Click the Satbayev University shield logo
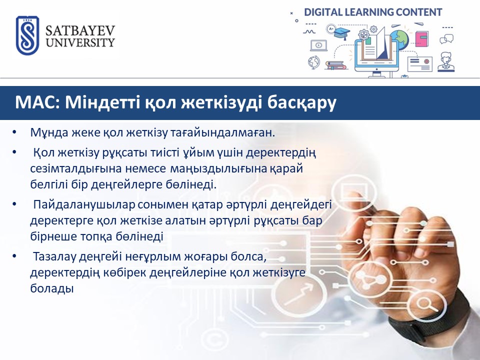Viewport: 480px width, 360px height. [27, 35]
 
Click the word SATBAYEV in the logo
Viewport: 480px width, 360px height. [80, 31]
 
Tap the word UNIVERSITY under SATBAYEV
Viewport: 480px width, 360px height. [80, 42]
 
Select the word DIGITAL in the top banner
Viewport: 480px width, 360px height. [323, 12]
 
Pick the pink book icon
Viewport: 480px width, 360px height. [422, 39]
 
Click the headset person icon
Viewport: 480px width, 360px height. [446, 62]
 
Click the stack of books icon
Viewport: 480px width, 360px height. [335, 65]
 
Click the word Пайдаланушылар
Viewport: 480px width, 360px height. [84, 205]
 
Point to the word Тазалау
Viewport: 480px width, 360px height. [54, 257]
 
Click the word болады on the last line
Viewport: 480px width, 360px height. [52, 288]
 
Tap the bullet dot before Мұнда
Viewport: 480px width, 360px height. [14, 132]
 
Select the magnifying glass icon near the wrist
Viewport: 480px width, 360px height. [425, 304]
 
